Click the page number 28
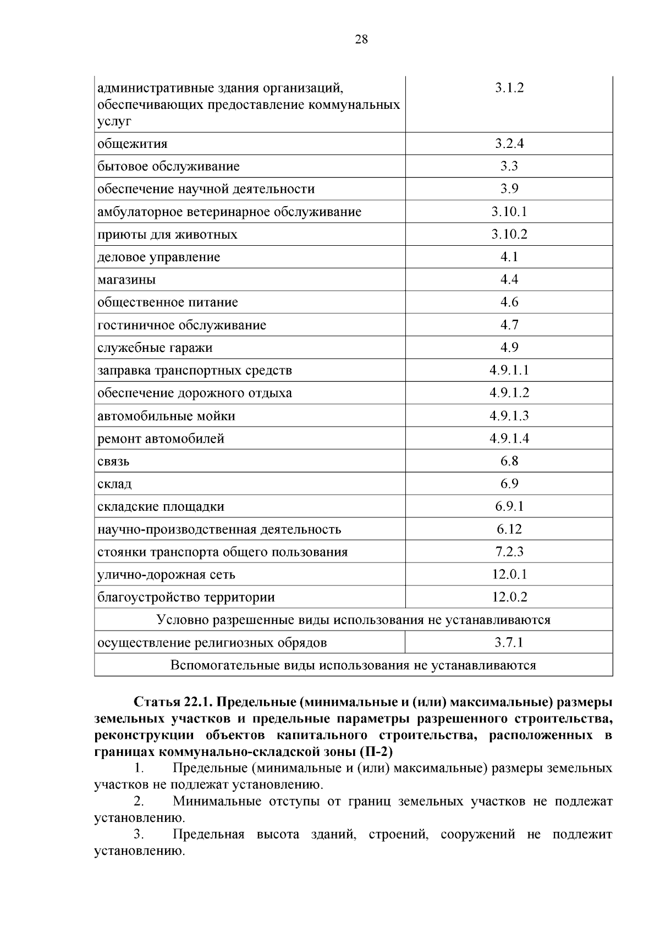[x=361, y=40]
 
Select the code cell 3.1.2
[x=509, y=88]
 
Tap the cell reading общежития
[x=133, y=144]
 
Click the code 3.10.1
[x=509, y=212]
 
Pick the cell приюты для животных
[x=168, y=235]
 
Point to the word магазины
[x=127, y=280]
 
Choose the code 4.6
[x=509, y=302]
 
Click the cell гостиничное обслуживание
[x=182, y=325]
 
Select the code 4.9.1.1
[x=509, y=370]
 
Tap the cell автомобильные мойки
[x=167, y=416]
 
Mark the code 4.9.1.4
[x=509, y=438]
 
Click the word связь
[x=114, y=461]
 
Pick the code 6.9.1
[x=509, y=506]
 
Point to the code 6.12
[x=509, y=529]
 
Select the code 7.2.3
[x=509, y=551]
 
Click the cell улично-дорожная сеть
[x=167, y=575]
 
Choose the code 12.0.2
[x=509, y=597]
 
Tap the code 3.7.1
[x=509, y=642]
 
